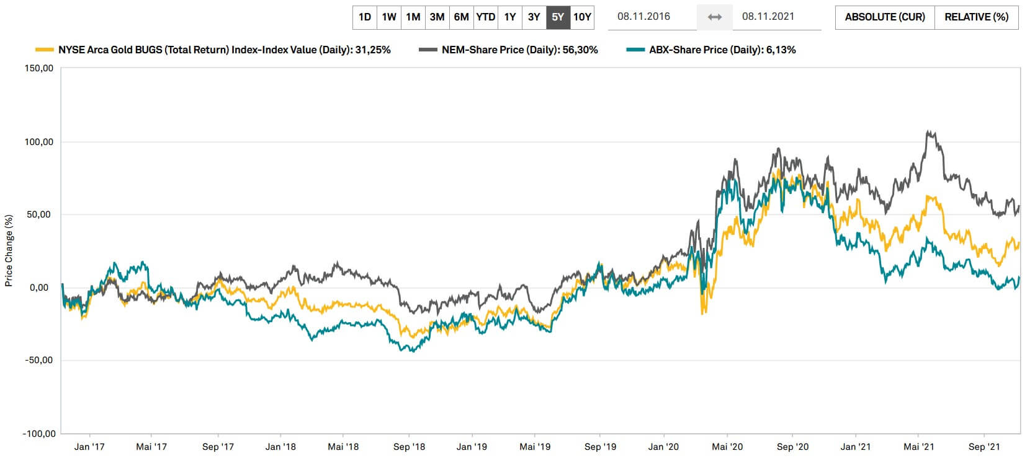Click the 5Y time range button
pos(558,17)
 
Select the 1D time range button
pos(365,17)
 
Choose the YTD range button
pos(485,17)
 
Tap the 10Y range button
pos(582,17)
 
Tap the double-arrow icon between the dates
pos(715,17)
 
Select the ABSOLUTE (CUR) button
pos(884,17)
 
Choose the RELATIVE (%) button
pos(976,17)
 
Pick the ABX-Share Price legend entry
pos(722,50)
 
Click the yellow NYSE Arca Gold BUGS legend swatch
pos(45,50)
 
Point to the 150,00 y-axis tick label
pos(39,68)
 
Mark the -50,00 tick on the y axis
pos(39,361)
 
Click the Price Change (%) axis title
pos(9,250)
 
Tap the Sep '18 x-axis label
pos(409,447)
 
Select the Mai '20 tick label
pos(727,447)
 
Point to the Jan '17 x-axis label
pos(89,447)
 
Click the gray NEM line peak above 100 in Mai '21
pos(928,132)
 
